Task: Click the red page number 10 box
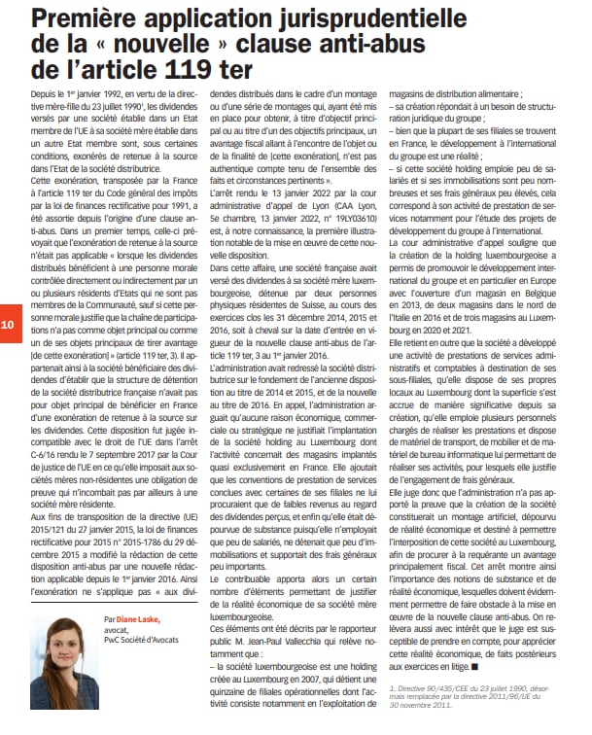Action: click(9, 324)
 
